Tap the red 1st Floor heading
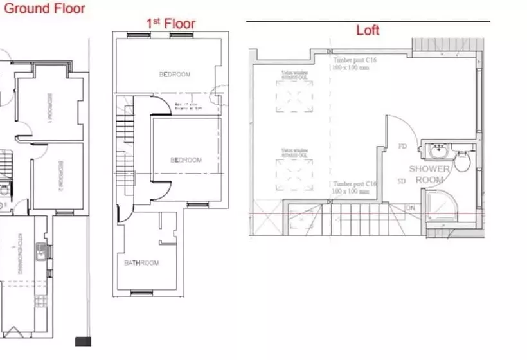pos(170,24)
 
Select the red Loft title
pos(368,30)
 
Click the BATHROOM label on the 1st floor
pos(141,263)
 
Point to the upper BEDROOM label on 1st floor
pos(175,75)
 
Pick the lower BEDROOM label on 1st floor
pos(186,160)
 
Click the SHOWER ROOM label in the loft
pos(429,174)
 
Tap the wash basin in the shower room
pos(438,153)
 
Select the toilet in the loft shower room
pos(462,160)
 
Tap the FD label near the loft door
pos(403,147)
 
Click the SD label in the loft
pos(402,181)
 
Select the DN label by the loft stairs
pos(411,208)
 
